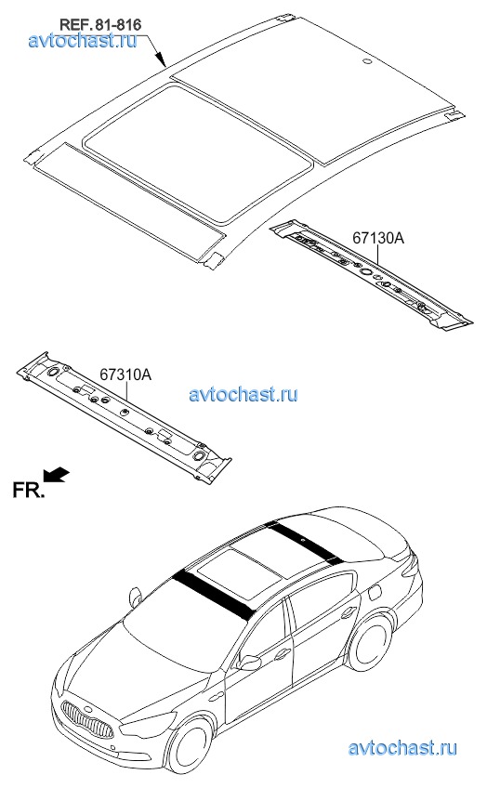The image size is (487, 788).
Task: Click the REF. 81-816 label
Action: (x=100, y=24)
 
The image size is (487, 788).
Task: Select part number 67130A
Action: (x=378, y=238)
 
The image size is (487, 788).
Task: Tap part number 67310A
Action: (x=125, y=374)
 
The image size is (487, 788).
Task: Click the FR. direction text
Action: (x=28, y=491)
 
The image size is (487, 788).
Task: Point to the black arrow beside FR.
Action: (x=57, y=474)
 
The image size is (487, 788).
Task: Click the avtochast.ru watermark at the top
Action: (x=83, y=40)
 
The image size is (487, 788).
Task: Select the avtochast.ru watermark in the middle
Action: (x=243, y=393)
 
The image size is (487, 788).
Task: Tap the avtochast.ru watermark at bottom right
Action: (x=403, y=748)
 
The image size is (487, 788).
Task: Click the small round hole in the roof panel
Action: (x=367, y=63)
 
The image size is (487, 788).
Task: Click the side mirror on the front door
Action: (x=249, y=662)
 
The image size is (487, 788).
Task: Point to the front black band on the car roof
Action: (x=215, y=595)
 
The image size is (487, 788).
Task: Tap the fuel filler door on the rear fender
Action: (x=375, y=592)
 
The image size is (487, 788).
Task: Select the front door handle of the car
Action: (x=281, y=654)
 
